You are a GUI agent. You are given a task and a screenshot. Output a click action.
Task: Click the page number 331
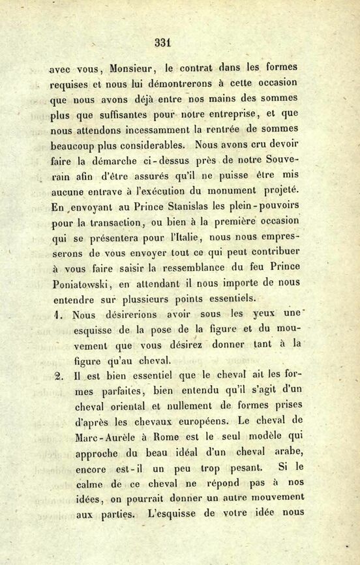pos(162,44)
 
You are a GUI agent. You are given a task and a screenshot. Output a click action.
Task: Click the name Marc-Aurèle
pos(103,438)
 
